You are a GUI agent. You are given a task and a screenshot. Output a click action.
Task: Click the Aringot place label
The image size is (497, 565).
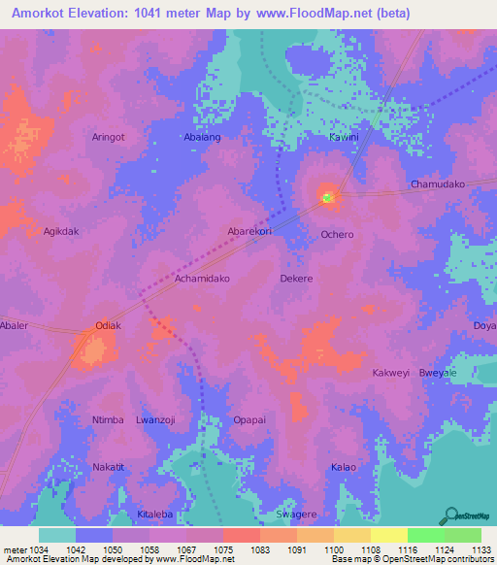[x=108, y=137]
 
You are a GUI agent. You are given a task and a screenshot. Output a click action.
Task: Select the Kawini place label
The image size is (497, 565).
[x=344, y=137]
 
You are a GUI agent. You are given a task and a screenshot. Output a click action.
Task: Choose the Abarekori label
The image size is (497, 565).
[x=249, y=231]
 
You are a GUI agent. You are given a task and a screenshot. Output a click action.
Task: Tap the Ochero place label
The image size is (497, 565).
[x=337, y=234]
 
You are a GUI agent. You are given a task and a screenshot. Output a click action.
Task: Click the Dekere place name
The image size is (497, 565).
[x=296, y=278]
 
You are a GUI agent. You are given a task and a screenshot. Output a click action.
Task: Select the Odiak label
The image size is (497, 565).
[x=108, y=325]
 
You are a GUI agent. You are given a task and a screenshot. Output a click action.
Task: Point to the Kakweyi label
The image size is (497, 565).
[x=391, y=373]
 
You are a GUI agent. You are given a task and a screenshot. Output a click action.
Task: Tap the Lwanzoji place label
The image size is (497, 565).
[x=155, y=419]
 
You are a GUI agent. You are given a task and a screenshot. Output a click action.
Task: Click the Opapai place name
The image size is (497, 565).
[x=249, y=419]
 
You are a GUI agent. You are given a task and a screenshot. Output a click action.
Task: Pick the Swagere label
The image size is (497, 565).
[x=297, y=514]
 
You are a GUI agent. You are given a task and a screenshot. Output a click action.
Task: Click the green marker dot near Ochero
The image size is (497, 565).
[x=327, y=198]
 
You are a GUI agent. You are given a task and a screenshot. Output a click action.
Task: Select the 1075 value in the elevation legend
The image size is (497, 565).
[x=222, y=548]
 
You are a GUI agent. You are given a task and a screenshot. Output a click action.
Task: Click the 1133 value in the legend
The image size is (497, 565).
[x=482, y=548]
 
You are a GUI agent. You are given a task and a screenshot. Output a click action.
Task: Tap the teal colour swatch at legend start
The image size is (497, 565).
[x=57, y=535]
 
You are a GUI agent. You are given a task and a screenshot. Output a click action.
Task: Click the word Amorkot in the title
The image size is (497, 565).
[x=40, y=14]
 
